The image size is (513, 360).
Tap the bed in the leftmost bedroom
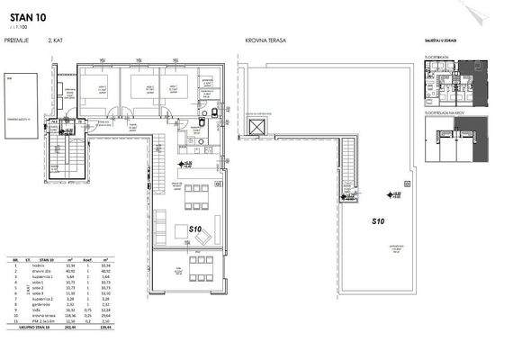click(x=92, y=89)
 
